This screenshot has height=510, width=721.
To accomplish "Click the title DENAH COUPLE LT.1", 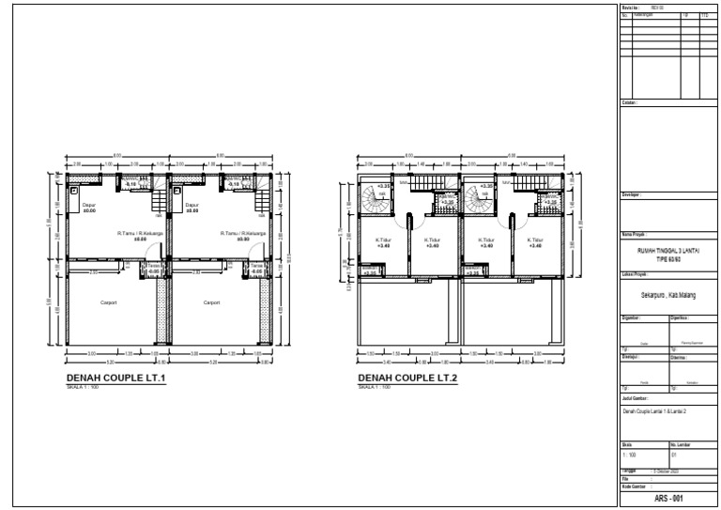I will [x=116, y=379].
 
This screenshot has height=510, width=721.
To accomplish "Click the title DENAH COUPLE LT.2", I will [x=407, y=379].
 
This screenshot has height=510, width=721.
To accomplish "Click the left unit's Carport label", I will [x=109, y=302].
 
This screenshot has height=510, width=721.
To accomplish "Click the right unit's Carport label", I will [x=212, y=302].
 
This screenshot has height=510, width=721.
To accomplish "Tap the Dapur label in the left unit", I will [x=90, y=206].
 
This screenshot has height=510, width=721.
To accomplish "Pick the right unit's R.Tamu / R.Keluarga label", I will [x=241, y=234].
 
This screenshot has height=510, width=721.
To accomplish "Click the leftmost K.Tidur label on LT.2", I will [x=382, y=241].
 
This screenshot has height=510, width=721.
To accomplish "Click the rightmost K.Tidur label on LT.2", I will [x=534, y=241].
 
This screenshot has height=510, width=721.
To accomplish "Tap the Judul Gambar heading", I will [x=635, y=398].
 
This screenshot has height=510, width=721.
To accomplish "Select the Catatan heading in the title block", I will [x=629, y=101].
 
